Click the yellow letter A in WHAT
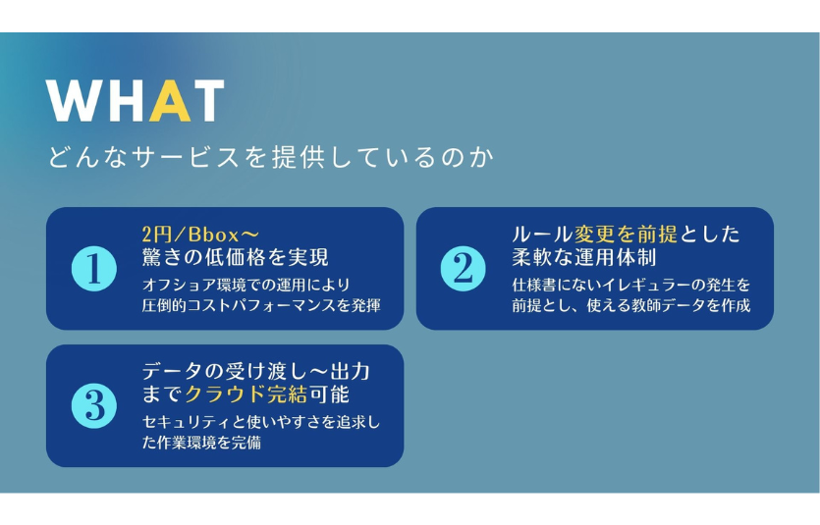(x=170, y=101)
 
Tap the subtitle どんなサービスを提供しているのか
(x=271, y=157)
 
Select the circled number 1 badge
(x=94, y=269)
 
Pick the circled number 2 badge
(x=464, y=269)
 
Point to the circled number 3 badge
(x=94, y=406)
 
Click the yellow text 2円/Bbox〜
(x=200, y=235)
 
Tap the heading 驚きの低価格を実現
(x=236, y=257)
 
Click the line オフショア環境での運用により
(x=246, y=285)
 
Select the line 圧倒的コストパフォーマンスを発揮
(x=261, y=305)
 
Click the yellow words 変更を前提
(x=626, y=234)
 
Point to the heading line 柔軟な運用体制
(x=584, y=257)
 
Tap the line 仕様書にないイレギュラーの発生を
(x=631, y=285)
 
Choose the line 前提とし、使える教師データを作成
(x=631, y=305)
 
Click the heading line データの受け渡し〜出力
(x=256, y=371)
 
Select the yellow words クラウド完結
(x=246, y=394)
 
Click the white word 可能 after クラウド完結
(x=329, y=394)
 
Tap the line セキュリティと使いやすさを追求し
(x=261, y=422)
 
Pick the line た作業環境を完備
(x=201, y=443)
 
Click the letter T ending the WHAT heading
(x=208, y=101)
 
